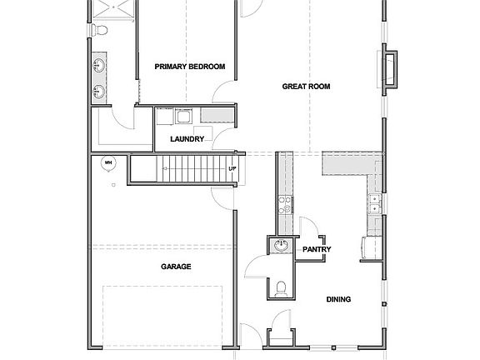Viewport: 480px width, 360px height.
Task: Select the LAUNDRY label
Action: click(x=187, y=139)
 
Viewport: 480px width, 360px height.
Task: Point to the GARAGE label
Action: click(x=176, y=267)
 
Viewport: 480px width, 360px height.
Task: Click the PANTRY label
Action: click(x=317, y=249)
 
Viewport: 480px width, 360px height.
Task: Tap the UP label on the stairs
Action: click(x=232, y=171)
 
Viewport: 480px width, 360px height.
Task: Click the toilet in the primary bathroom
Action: click(x=100, y=31)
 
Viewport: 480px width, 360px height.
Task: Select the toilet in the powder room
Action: click(x=282, y=288)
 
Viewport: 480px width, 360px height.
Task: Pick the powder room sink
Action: click(x=282, y=246)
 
